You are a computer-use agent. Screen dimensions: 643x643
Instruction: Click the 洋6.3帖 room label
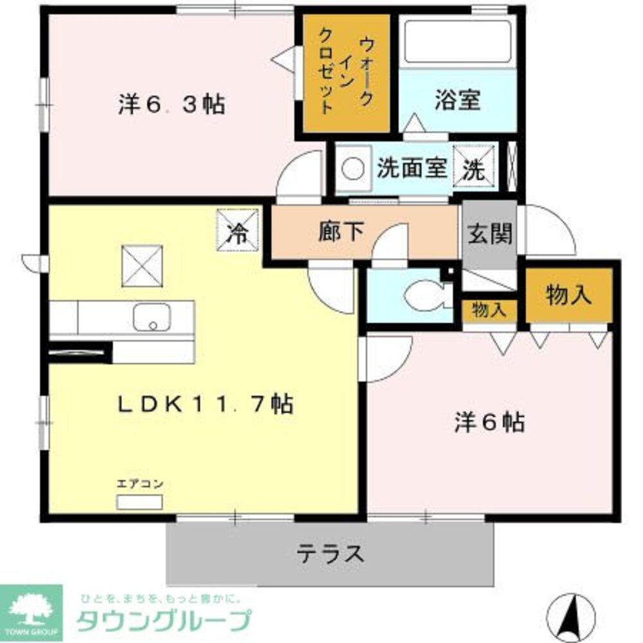coord(171,104)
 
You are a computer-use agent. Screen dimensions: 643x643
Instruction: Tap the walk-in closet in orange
coord(346,74)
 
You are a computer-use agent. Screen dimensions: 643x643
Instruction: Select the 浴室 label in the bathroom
coord(457,101)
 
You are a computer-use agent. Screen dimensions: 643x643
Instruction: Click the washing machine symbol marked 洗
coord(475,168)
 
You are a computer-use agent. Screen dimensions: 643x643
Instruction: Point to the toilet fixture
coord(425,295)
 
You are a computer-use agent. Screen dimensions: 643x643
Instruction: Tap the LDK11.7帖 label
coord(204,404)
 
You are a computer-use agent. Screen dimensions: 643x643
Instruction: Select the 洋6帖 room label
coord(489,422)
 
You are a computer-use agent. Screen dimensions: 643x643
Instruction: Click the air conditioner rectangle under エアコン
coord(139,502)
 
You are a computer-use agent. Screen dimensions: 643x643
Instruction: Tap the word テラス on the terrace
coord(331,552)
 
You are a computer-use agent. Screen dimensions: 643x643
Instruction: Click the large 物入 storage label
coord(568,294)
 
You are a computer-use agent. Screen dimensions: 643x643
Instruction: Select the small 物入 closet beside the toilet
coord(489,310)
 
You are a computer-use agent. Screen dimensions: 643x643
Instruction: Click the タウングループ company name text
coord(163,620)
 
